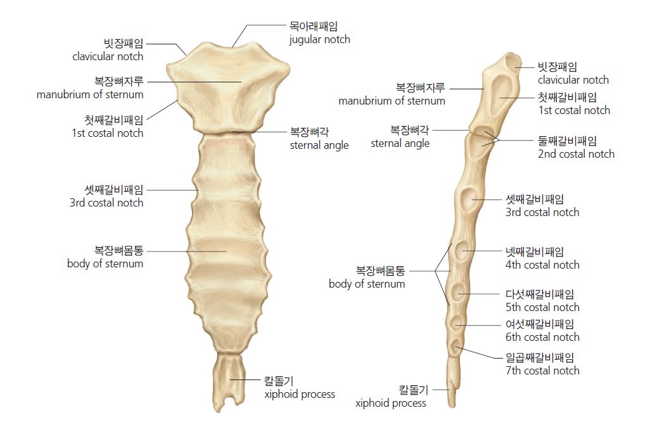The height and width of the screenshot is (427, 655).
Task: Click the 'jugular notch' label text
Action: [319, 40]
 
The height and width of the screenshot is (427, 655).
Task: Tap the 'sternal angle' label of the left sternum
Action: [319, 146]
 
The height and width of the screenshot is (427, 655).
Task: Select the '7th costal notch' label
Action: [542, 371]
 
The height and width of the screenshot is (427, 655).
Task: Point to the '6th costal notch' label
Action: [542, 337]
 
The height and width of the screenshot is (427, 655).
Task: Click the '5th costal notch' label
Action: [542, 307]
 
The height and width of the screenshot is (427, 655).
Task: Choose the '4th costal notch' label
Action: [542, 265]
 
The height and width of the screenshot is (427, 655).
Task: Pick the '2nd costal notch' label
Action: [576, 154]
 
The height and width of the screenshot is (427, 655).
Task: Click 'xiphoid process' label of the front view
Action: [300, 395]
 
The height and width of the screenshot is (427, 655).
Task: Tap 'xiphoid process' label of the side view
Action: [391, 403]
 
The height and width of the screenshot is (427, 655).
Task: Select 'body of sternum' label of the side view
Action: [367, 284]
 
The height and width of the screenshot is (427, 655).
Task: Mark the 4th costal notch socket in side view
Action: [462, 251]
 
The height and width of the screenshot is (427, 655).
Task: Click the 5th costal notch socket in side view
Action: [458, 291]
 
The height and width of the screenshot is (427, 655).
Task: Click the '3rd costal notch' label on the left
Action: [106, 203]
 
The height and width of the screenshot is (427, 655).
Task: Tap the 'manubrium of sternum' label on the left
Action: [90, 95]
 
